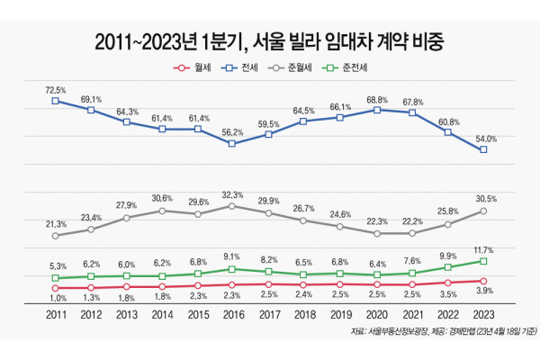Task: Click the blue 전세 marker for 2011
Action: click(x=56, y=101)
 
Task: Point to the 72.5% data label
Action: click(x=56, y=88)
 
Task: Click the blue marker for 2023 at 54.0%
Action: click(x=484, y=149)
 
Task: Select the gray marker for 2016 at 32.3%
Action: click(x=232, y=206)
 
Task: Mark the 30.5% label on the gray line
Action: click(x=484, y=197)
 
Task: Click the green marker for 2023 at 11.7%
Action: click(x=484, y=261)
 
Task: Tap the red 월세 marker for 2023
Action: click(x=484, y=281)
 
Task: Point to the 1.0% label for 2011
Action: click(x=56, y=298)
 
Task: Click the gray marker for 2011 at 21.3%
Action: click(x=56, y=236)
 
